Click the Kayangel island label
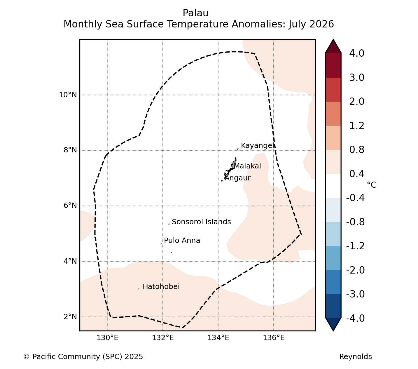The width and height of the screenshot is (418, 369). [258, 146]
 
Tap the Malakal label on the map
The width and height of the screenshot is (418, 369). [248, 166]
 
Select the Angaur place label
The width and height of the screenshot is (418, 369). [237, 178]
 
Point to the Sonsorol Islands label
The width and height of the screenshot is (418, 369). [201, 222]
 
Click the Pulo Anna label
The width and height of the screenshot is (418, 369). [182, 241]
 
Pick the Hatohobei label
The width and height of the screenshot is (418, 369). [161, 287]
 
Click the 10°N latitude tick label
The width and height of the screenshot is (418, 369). [68, 95]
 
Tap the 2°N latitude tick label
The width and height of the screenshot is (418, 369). [70, 316]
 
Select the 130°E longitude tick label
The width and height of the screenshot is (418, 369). [107, 338]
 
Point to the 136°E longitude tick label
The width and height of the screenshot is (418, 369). [274, 338]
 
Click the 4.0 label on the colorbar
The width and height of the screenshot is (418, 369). [357, 53]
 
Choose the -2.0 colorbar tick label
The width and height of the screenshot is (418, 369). [355, 270]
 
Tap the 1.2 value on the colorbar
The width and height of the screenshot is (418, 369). [357, 126]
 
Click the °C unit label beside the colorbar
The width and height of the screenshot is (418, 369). [372, 185]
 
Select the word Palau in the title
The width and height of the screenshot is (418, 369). [196, 13]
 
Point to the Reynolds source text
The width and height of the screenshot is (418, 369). [356, 357]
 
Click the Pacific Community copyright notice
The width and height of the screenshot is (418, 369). [83, 357]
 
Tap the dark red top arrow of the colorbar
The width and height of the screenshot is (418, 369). [333, 46]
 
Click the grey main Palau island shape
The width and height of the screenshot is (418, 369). [233, 165]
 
